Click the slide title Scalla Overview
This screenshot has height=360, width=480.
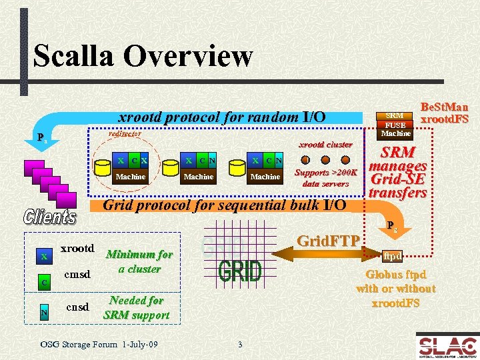(x=143, y=56)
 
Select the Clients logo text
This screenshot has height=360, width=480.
(x=50, y=217)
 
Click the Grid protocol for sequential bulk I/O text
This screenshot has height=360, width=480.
(x=224, y=205)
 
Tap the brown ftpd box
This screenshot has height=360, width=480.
(x=393, y=255)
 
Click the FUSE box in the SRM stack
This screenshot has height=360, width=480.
(x=395, y=124)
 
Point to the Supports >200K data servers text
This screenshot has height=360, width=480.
(x=325, y=178)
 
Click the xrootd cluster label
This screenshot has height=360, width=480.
(x=325, y=145)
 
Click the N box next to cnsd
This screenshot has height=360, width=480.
(x=43, y=312)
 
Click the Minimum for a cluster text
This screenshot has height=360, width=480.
(x=139, y=261)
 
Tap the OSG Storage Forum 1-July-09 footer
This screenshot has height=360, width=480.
(x=99, y=344)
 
